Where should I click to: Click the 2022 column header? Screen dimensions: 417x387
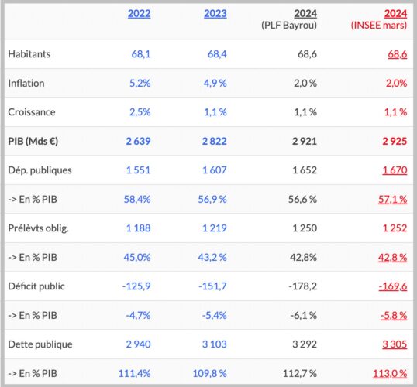click(139, 14)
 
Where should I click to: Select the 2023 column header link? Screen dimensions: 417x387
click(215, 14)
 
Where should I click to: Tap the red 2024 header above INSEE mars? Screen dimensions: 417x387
click(395, 14)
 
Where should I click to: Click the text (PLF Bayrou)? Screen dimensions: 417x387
click(289, 26)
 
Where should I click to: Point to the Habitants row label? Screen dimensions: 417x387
click(29, 54)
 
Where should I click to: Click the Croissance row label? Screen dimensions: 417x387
click(32, 112)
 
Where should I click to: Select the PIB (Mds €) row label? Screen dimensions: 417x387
click(33, 141)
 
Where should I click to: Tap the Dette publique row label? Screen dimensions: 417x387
click(40, 344)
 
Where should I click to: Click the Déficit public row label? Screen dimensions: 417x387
click(36, 286)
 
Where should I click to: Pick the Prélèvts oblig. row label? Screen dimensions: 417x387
click(38, 228)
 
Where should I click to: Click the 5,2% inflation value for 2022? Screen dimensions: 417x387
click(140, 83)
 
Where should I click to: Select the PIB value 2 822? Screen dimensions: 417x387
click(215, 141)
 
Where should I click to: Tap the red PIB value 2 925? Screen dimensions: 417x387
click(395, 141)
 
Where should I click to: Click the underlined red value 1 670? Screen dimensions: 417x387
click(395, 170)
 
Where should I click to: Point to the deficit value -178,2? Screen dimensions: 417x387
click(302, 286)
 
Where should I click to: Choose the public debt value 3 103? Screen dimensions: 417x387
click(215, 344)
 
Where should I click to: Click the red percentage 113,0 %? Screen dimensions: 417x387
click(390, 373)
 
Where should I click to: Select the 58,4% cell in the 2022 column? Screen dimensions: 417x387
click(137, 199)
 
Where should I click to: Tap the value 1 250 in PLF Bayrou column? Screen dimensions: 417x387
click(305, 228)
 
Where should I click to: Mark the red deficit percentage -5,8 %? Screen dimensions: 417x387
click(394, 316)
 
